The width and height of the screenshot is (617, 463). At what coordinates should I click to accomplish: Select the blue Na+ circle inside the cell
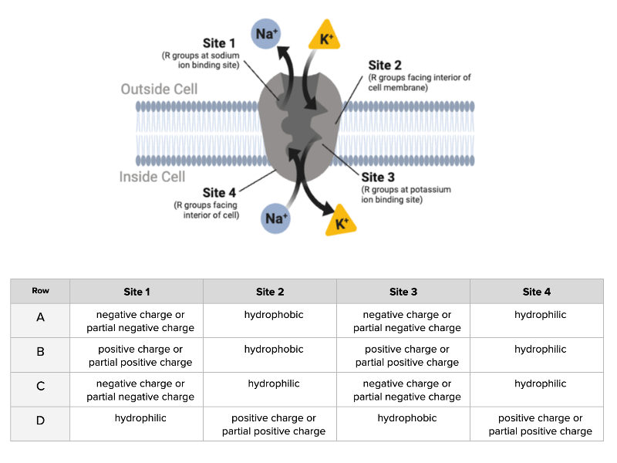tap(276, 218)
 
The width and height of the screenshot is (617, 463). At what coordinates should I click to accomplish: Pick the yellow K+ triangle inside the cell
tap(340, 224)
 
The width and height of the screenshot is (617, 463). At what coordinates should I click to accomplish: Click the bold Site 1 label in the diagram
tap(218, 43)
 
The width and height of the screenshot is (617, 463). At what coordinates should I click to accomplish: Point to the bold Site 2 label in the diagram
tap(385, 65)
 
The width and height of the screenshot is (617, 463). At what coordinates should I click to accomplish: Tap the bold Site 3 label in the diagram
tap(378, 177)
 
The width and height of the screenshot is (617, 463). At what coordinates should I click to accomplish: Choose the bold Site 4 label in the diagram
tap(219, 192)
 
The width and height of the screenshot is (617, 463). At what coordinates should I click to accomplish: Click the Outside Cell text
tap(159, 89)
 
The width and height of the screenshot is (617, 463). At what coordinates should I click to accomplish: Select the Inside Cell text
tap(153, 177)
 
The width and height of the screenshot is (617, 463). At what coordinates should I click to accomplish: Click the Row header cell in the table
tap(40, 291)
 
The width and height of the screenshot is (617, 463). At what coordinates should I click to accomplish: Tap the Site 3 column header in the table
tap(403, 292)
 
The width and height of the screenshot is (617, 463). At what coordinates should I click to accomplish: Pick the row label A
tap(40, 317)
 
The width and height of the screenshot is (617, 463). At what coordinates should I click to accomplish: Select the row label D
tap(40, 421)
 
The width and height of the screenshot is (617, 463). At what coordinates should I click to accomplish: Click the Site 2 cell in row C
tap(274, 384)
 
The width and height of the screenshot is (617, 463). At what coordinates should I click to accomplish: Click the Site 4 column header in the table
tap(537, 292)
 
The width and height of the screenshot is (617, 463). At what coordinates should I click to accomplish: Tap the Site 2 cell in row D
tap(274, 424)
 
